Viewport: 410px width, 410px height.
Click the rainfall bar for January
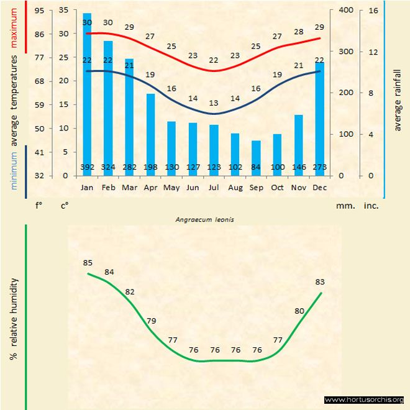87,93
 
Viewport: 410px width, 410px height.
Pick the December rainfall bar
319,118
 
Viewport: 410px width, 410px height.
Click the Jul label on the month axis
214,187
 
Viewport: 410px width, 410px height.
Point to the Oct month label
277,187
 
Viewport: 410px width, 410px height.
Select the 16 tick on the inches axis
373,11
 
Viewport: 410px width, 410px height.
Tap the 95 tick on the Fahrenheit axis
39,11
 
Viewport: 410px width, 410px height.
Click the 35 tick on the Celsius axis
63,11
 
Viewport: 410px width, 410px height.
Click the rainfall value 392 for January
87,168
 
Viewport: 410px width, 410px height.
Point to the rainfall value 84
256,168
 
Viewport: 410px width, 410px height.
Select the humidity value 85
88,263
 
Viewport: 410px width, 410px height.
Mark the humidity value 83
321,282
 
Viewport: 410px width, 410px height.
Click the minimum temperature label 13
214,103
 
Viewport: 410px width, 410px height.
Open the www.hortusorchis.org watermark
365,399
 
